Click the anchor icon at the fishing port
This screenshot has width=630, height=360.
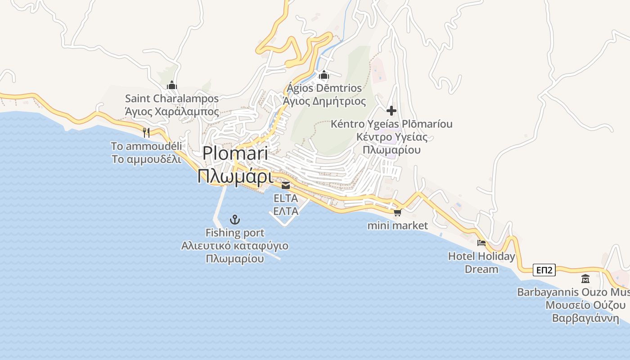234,220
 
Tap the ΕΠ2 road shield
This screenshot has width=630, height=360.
544,270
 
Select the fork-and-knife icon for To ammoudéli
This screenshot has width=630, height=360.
146,132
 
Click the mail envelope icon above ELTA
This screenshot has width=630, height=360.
286,185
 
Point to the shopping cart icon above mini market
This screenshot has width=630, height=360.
397,212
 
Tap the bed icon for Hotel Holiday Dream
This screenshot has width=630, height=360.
481,243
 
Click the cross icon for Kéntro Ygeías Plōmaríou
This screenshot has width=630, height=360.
391,110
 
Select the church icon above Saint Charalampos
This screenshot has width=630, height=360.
172,85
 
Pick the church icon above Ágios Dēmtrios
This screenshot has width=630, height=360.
324,75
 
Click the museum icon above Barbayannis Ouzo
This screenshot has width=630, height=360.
585,279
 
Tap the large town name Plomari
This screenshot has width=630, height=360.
235,153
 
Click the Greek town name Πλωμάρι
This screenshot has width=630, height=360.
235,176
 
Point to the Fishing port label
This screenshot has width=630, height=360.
235,233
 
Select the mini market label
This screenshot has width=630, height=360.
397,225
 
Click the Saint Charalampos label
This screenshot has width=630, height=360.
172,99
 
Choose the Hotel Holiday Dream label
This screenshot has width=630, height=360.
481,263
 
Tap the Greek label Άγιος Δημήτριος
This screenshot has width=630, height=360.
324,101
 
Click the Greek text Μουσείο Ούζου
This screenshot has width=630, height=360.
585,305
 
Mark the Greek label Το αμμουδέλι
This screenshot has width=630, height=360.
146,159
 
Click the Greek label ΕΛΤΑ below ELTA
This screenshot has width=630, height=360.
286,211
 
